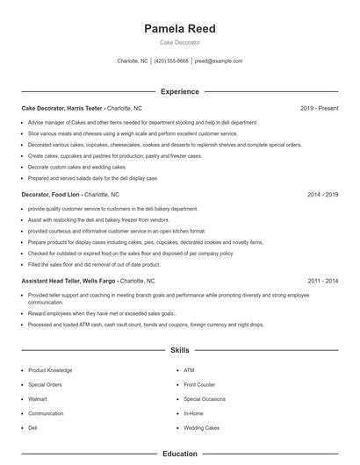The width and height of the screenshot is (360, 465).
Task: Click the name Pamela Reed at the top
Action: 179,29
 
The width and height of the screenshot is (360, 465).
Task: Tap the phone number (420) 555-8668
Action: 171,61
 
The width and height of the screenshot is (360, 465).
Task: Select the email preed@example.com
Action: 218,61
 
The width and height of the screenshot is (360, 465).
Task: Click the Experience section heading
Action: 179,91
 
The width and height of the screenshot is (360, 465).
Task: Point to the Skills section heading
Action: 179,350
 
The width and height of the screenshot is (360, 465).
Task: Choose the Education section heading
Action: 179,454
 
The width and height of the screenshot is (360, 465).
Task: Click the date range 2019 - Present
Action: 319,108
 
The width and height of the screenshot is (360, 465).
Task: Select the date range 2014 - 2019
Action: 322,194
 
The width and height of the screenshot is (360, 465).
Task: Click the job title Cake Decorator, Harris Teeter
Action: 62,108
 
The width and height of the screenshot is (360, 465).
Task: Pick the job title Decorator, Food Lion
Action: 52,194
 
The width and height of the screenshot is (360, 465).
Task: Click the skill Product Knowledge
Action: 49,370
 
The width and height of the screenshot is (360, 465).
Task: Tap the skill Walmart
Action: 39,398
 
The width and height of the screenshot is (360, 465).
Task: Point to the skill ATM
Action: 189,370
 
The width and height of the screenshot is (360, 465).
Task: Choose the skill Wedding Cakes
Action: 202,427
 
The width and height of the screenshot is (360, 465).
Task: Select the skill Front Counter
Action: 199,384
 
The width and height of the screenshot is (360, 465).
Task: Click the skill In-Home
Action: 193,413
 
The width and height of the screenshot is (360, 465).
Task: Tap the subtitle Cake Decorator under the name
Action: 179,42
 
